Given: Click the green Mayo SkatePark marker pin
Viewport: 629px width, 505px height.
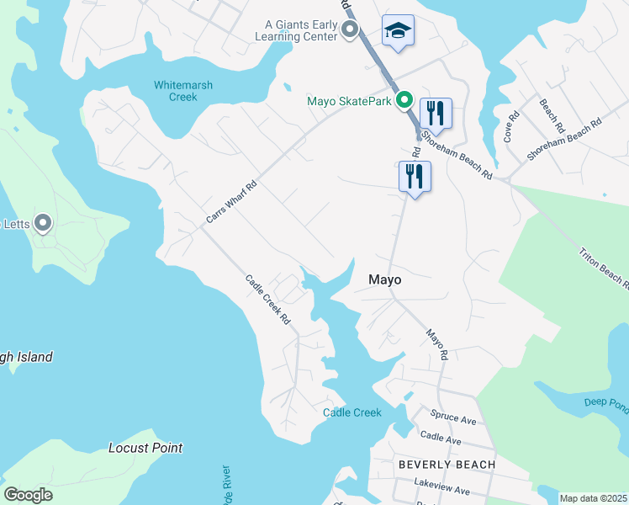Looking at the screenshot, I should pyautogui.click(x=404, y=101).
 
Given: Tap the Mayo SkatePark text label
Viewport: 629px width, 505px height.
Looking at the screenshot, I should pyautogui.click(x=349, y=102).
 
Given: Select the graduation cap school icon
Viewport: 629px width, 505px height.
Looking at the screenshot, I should pyautogui.click(x=397, y=32).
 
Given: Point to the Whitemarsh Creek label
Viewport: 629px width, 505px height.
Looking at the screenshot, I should pyautogui.click(x=176, y=91).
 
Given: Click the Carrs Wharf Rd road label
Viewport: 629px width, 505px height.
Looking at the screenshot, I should pyautogui.click(x=231, y=202).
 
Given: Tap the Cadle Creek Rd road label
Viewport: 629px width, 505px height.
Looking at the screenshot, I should pyautogui.click(x=267, y=300).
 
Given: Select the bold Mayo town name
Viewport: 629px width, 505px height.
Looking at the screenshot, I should pyautogui.click(x=384, y=279).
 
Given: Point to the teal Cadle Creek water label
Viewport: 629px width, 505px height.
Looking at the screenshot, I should pyautogui.click(x=352, y=412).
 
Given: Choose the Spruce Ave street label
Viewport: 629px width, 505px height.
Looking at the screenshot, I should pyautogui.click(x=453, y=417).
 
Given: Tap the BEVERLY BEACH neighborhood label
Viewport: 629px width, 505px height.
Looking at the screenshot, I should pyautogui.click(x=447, y=465).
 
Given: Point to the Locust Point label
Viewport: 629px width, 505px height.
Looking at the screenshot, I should pyautogui.click(x=145, y=448).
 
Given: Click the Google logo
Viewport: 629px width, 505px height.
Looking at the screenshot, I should pyautogui.click(x=29, y=495).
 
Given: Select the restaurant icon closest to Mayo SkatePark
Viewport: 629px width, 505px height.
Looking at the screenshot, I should pyautogui.click(x=436, y=113).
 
